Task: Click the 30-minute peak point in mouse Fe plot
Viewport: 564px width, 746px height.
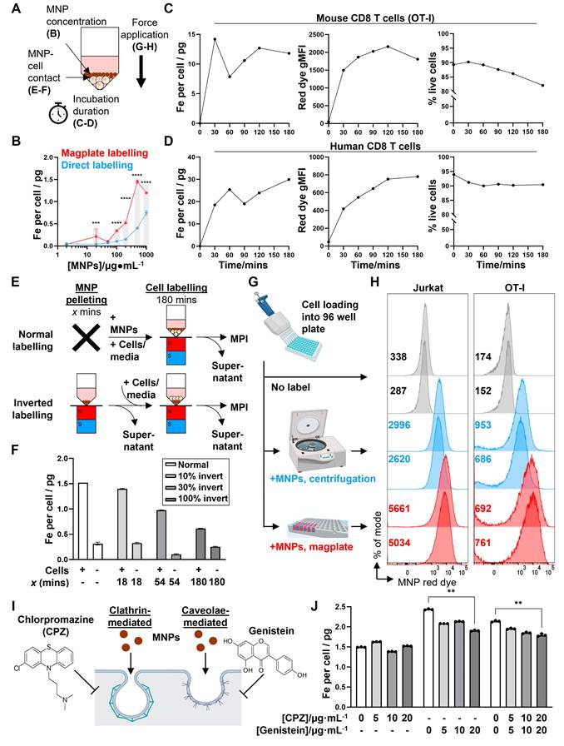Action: [x=215, y=39]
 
